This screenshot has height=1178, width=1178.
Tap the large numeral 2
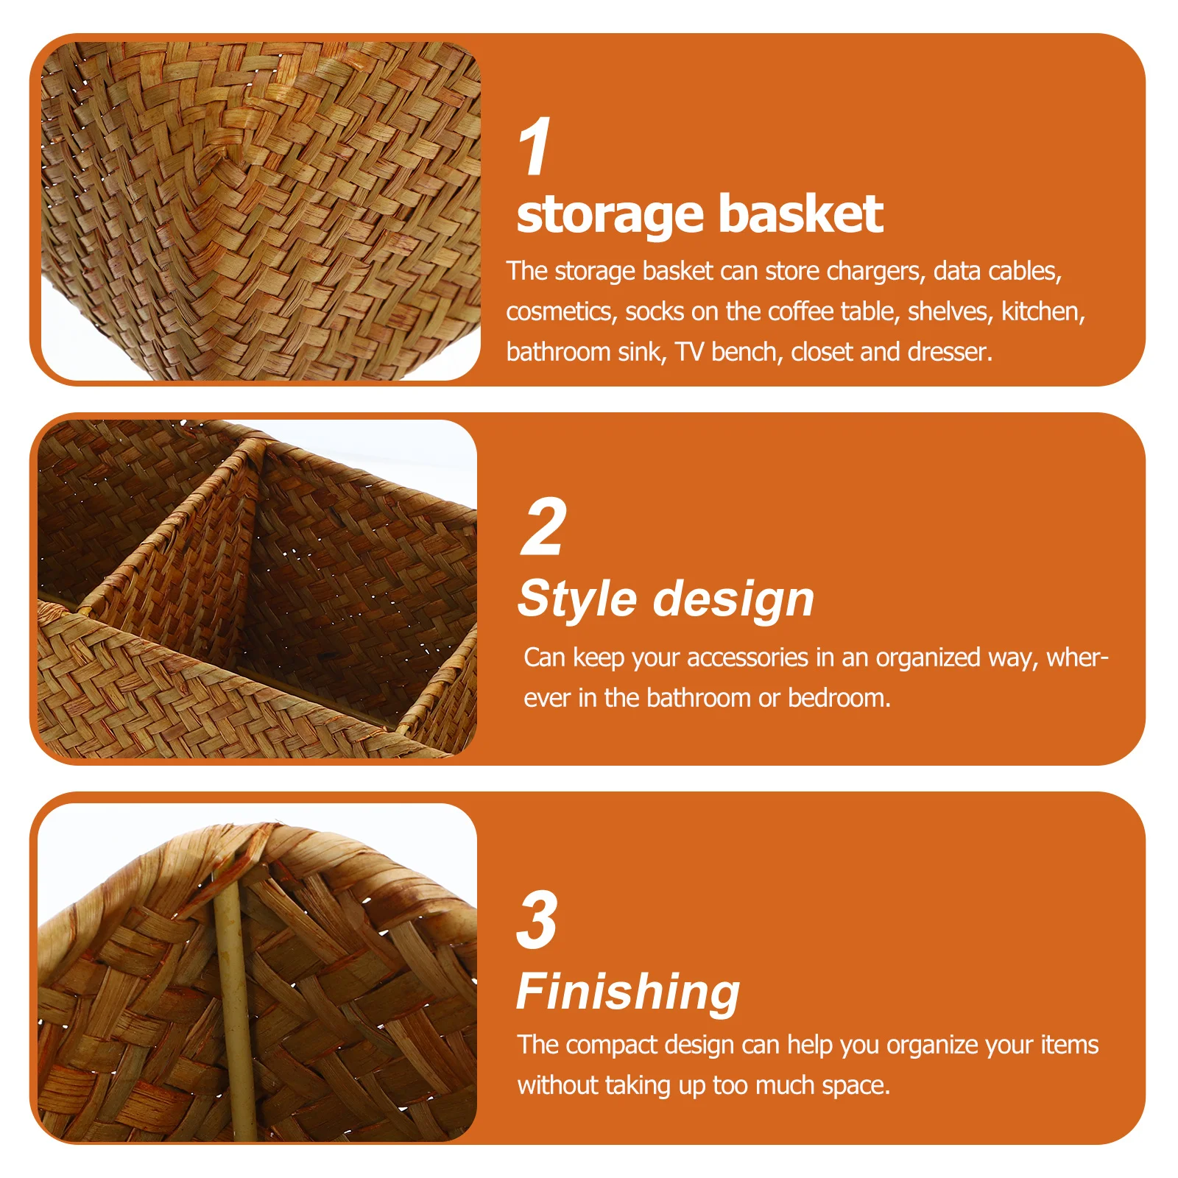point(544,527)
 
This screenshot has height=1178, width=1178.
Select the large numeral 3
point(537,920)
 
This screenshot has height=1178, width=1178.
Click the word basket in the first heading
point(800,214)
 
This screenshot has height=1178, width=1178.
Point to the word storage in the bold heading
point(610,216)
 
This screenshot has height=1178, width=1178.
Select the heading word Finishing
point(628,992)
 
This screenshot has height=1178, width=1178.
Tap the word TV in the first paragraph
point(689,353)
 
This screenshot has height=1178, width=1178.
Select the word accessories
point(747,657)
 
